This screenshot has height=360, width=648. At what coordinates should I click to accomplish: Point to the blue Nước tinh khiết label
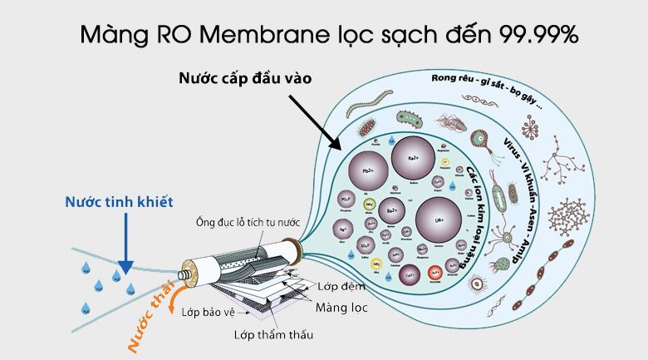(108, 203)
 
